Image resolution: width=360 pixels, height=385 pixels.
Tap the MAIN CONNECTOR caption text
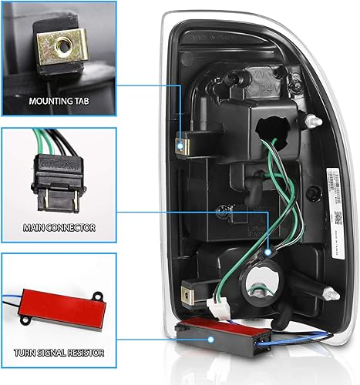click(x=59, y=228)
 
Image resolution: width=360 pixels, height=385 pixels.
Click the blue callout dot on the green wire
click(x=268, y=251)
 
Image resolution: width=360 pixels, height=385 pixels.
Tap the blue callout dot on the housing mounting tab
click(x=180, y=144)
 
